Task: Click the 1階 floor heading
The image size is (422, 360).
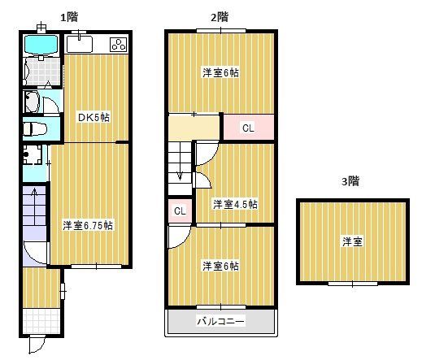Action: click(x=68, y=16)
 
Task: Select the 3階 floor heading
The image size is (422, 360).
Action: click(x=350, y=181)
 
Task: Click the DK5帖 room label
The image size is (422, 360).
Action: click(x=94, y=117)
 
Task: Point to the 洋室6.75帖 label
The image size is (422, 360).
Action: click(x=88, y=225)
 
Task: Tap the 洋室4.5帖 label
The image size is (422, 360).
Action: click(x=235, y=204)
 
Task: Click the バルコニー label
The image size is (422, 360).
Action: click(x=221, y=321)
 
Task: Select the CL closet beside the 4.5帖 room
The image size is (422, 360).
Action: click(x=180, y=211)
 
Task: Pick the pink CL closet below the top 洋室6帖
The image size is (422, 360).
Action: click(x=247, y=128)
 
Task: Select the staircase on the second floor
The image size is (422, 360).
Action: click(x=180, y=163)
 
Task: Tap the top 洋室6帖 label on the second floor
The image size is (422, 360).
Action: click(x=220, y=72)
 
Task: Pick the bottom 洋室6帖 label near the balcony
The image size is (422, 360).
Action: click(x=220, y=266)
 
